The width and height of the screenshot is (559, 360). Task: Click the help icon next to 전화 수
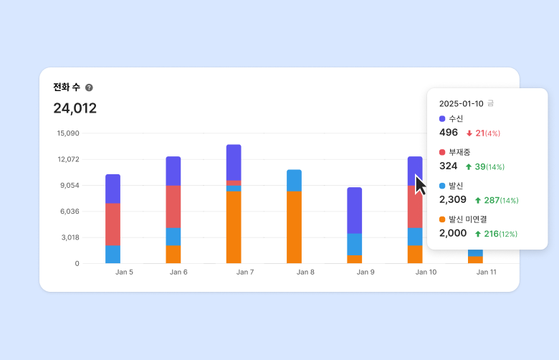pyautogui.click(x=89, y=87)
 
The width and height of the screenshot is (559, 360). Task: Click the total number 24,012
pyautogui.click(x=75, y=108)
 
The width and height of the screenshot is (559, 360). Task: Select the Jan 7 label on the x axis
pyautogui.click(x=245, y=273)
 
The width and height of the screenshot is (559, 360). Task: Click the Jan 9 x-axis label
pyautogui.click(x=365, y=273)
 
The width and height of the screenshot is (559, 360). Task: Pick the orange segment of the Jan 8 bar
pyautogui.click(x=294, y=227)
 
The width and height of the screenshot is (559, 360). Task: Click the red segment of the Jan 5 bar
pyautogui.click(x=113, y=224)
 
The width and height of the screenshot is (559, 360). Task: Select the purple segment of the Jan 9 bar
pyautogui.click(x=354, y=210)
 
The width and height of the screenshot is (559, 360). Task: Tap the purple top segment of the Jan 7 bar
pyautogui.click(x=234, y=162)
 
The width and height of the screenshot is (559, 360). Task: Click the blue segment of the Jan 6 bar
pyautogui.click(x=173, y=237)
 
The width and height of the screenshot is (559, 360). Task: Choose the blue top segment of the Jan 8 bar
pyautogui.click(x=294, y=181)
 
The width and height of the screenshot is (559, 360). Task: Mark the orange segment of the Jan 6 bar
pyautogui.click(x=173, y=255)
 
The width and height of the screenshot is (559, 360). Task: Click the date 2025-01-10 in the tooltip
pyautogui.click(x=462, y=103)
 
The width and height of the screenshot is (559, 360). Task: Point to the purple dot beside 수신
pyautogui.click(x=442, y=118)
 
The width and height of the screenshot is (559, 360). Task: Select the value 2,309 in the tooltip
pyautogui.click(x=453, y=199)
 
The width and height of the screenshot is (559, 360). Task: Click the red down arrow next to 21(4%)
pyautogui.click(x=469, y=133)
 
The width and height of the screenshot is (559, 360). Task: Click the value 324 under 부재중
pyautogui.click(x=449, y=166)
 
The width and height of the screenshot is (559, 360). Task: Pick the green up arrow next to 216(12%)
pyautogui.click(x=477, y=234)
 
